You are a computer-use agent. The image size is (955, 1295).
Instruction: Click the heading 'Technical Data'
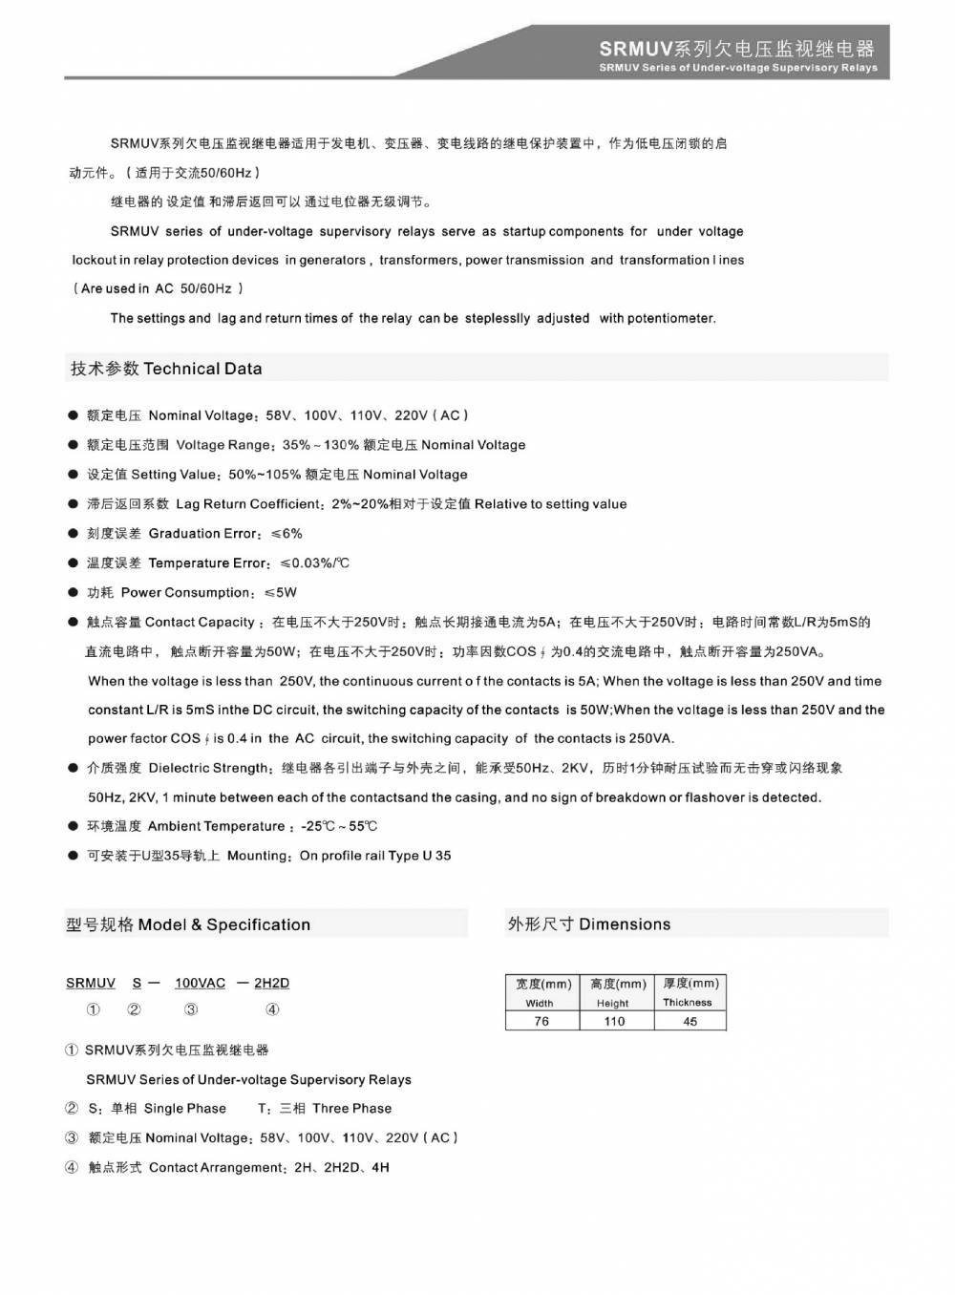click(202, 369)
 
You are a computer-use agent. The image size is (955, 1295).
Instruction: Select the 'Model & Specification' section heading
click(224, 924)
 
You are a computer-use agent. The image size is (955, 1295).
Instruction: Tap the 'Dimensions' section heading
click(625, 923)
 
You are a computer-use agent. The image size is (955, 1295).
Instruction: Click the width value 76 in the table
click(541, 1021)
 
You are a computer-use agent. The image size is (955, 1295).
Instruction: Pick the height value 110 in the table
click(614, 1021)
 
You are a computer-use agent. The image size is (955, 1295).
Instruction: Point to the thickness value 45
click(690, 1021)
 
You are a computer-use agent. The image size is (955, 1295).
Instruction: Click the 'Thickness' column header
click(688, 1003)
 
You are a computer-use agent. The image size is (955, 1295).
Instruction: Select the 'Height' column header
click(612, 1004)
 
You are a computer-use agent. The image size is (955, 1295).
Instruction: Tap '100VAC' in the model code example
click(200, 983)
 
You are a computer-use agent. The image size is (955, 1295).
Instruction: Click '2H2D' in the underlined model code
click(272, 983)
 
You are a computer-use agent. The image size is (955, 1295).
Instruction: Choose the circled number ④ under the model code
click(272, 1009)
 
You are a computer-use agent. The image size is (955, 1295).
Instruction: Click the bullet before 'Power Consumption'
click(73, 592)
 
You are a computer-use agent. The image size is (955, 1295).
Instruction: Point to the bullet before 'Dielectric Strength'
click(73, 768)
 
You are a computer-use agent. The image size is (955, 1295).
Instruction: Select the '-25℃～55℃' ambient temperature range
click(339, 826)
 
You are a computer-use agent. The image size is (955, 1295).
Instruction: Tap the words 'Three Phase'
click(351, 1109)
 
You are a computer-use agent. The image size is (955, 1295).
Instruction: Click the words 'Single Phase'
click(185, 1109)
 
